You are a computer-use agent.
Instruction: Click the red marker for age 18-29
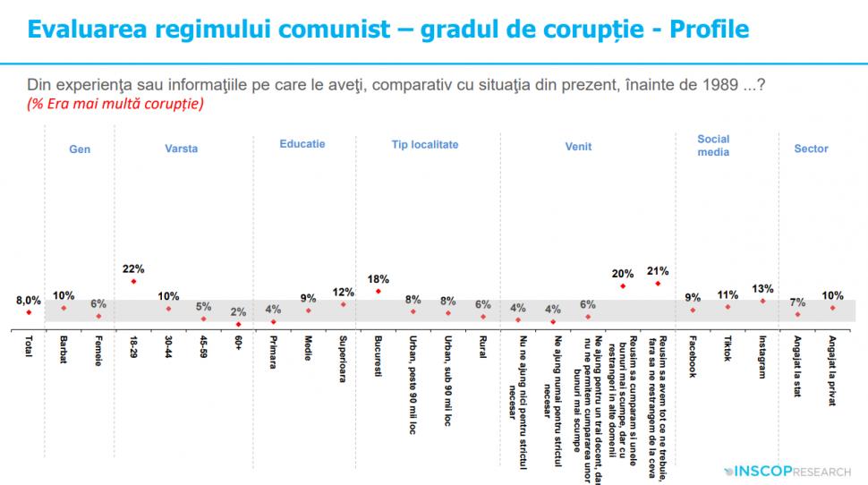[x=133, y=282]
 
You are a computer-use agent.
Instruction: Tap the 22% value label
[x=133, y=268]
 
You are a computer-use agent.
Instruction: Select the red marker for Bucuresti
[x=378, y=291]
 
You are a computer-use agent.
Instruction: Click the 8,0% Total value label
[x=29, y=301]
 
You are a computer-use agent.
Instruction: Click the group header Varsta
[x=182, y=149]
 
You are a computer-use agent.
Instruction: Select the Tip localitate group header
[x=425, y=144]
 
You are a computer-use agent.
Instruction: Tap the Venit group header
[x=578, y=149]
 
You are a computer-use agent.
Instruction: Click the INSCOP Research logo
[x=788, y=469]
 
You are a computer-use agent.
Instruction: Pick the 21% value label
[x=658, y=269]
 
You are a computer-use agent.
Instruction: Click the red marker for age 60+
[x=238, y=324]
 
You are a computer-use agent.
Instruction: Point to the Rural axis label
[x=482, y=347]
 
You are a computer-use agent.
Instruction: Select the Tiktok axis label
[x=727, y=350]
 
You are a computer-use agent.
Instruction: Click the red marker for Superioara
[x=343, y=304]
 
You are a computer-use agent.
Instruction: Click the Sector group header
[x=811, y=149]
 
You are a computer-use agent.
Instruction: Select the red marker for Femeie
[x=98, y=316]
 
